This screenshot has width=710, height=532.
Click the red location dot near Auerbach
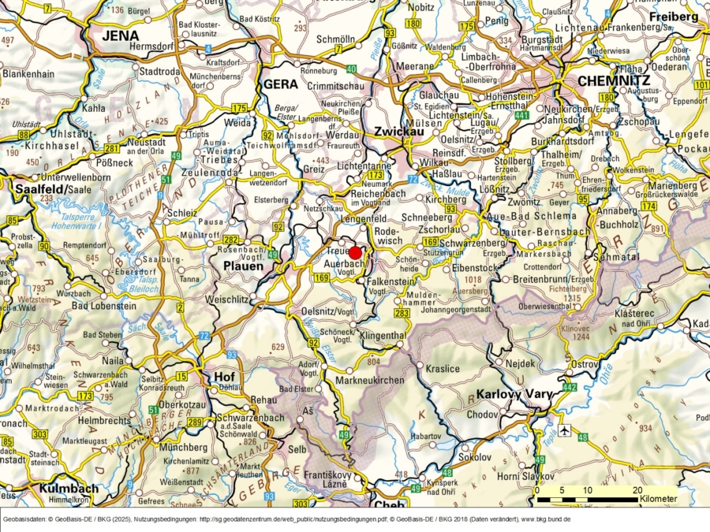[355, 252]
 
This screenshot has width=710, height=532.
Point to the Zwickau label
[399, 131]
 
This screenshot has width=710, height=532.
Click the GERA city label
[280, 84]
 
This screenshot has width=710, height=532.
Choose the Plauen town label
[243, 266]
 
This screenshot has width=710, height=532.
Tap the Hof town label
[224, 377]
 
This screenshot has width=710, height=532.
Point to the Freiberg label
[673, 16]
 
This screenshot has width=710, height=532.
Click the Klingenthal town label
[382, 335]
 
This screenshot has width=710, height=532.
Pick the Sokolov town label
[475, 456]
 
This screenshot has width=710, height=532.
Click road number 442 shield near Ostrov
[570, 388]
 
